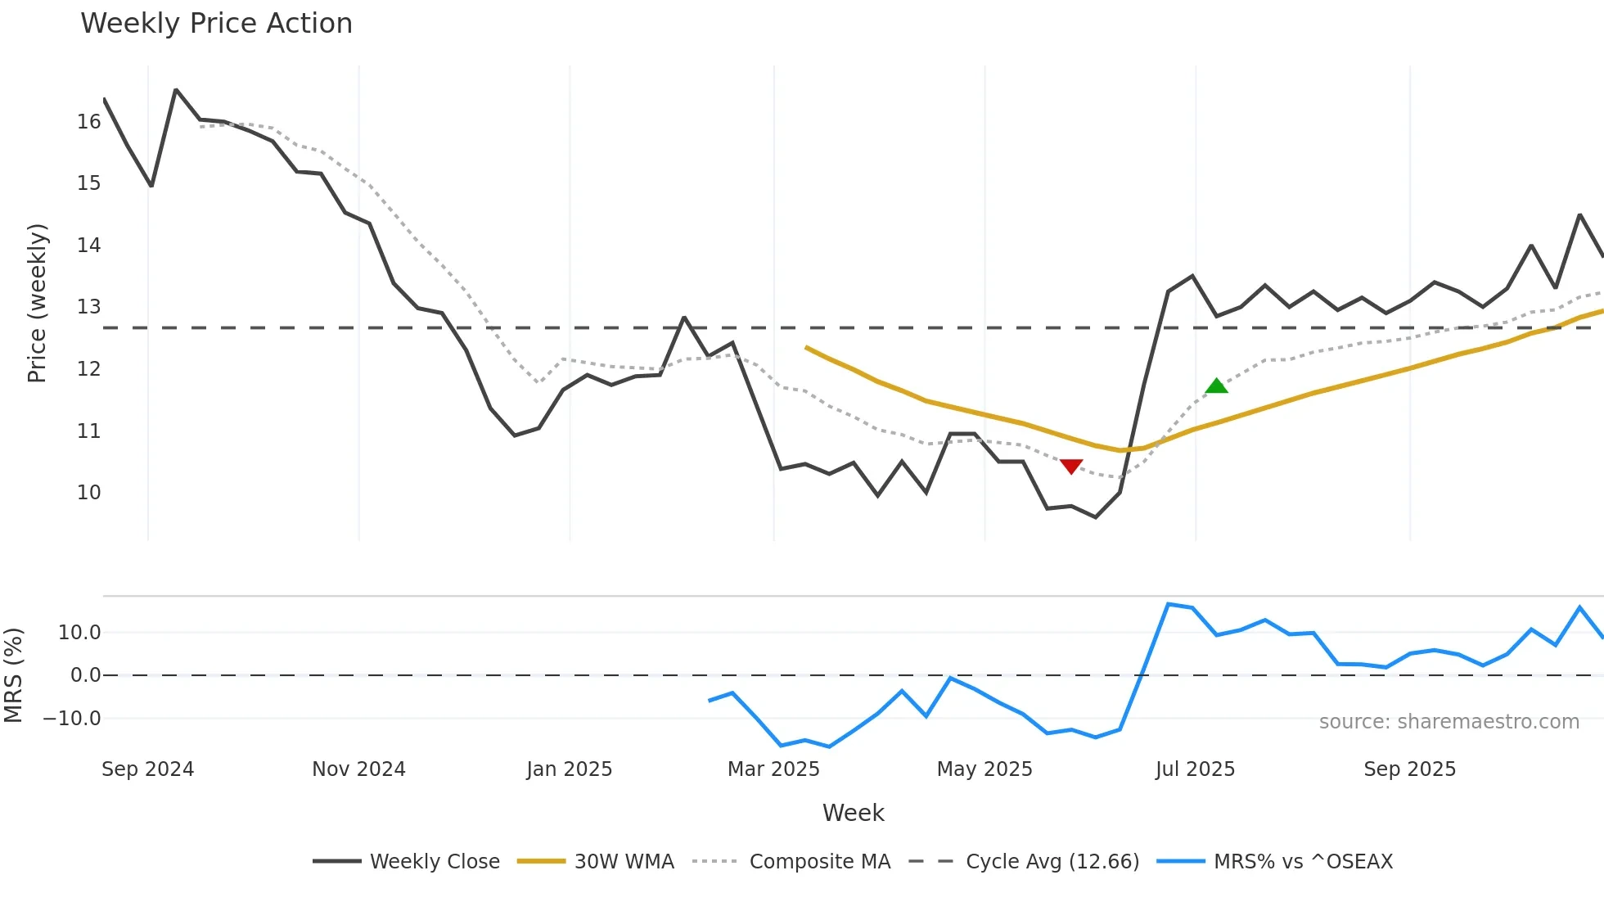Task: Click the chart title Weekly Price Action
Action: point(216,24)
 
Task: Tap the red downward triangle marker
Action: point(1071,466)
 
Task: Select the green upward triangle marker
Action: point(1217,386)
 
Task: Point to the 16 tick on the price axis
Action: point(88,122)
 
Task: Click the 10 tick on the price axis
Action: point(88,493)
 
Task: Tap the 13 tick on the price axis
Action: point(88,307)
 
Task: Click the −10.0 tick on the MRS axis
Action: point(72,719)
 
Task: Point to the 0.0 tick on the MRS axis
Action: point(85,675)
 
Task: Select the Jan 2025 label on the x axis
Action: point(569,769)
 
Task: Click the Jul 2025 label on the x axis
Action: point(1195,769)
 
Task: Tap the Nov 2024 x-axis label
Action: point(358,769)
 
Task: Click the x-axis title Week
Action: point(853,813)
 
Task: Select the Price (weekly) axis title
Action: point(37,303)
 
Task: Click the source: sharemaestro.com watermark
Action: point(1449,722)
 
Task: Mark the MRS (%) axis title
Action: point(13,675)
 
